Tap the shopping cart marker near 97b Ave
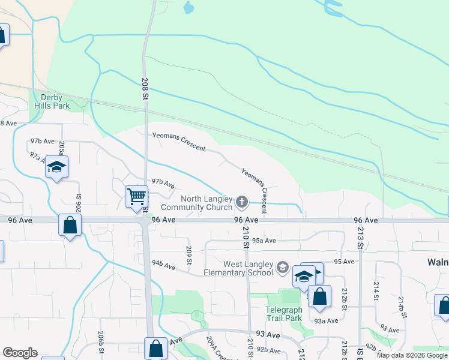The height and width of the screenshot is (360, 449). pos(136,196)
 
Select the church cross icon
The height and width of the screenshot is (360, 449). pos(242,202)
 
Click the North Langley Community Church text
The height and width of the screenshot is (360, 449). pos(206,203)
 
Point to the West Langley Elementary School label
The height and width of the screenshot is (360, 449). pos(248,268)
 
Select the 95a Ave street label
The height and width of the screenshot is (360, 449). pos(264,241)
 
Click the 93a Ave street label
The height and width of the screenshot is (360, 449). pos(327,321)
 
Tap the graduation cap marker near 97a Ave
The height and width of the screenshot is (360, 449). pos(56,167)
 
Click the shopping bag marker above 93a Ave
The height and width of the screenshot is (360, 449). pos(320,296)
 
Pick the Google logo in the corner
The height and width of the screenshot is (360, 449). pos(20,353)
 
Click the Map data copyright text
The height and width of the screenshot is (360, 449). pos(412,356)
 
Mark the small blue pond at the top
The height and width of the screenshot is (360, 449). pos(189,8)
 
